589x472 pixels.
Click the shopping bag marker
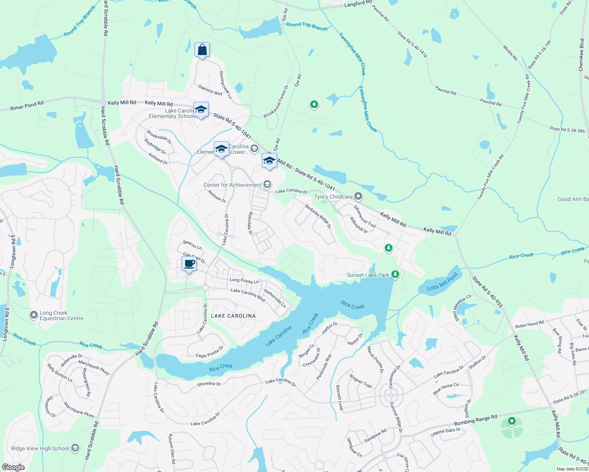point(202,50)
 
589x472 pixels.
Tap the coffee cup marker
point(189,264)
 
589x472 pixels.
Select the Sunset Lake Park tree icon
point(395,275)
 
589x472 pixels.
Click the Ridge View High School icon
point(75,448)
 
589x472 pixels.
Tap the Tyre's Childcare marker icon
point(358,196)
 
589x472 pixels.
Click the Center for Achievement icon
point(267,184)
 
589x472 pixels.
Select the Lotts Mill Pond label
point(442,282)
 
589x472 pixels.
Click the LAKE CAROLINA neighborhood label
point(233,316)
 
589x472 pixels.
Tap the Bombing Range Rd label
point(476,420)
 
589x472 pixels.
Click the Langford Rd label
point(358,4)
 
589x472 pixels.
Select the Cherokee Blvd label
point(581,55)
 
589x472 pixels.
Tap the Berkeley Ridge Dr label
point(318,216)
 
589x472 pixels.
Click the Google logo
point(13,467)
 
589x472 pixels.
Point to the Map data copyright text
point(572,469)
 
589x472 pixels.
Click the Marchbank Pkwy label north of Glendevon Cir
point(94,367)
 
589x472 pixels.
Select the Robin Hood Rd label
point(529,324)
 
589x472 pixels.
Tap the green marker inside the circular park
point(511,421)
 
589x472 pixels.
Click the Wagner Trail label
point(361,381)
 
